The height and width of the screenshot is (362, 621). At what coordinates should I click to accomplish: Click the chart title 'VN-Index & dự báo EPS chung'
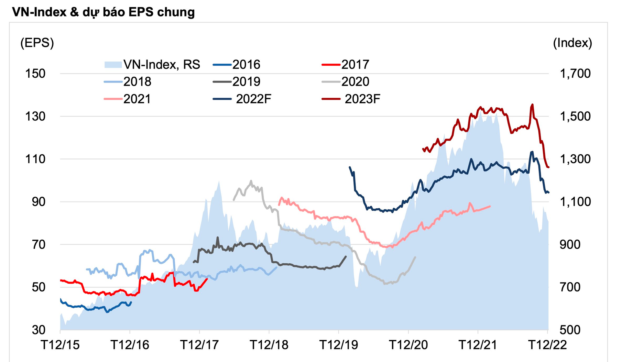click(103, 12)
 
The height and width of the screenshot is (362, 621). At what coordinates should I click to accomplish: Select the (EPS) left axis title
click(37, 43)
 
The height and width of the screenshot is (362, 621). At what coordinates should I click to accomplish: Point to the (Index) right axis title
click(572, 43)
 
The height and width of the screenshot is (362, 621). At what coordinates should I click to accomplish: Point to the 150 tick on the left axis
click(35, 73)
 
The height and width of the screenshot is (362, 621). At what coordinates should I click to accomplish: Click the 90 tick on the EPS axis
click(38, 202)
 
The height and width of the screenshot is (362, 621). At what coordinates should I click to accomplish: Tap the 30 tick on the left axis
click(38, 330)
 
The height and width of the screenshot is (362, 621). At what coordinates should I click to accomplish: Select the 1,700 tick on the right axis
click(575, 73)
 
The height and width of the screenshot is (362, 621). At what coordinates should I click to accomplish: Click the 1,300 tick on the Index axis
click(575, 159)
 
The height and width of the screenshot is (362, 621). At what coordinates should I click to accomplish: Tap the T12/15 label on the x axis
click(60, 345)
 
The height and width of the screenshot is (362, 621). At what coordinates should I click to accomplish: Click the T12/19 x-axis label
click(339, 345)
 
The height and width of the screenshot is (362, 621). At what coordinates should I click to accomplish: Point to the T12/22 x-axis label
click(547, 345)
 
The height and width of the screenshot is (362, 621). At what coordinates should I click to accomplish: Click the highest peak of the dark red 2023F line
click(532, 104)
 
